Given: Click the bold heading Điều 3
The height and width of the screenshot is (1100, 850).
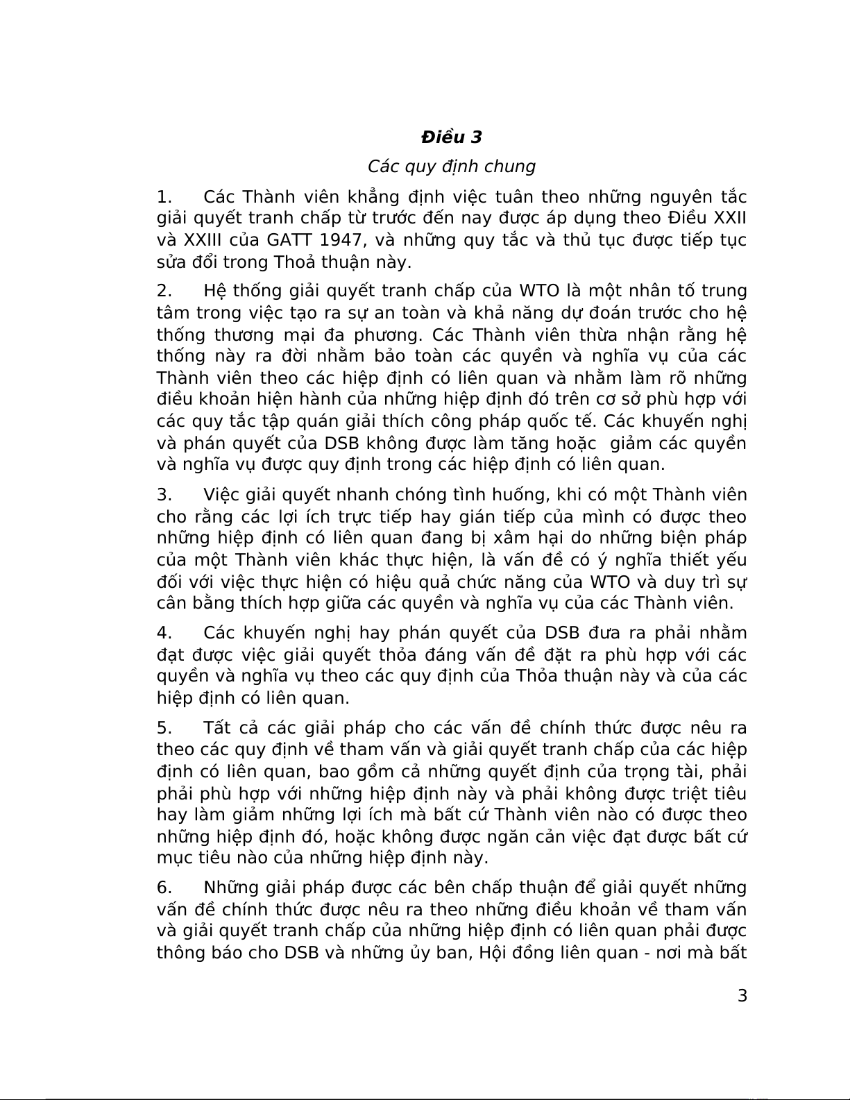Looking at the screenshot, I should [x=451, y=137].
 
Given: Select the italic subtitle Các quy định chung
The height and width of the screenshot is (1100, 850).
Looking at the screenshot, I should [x=451, y=167].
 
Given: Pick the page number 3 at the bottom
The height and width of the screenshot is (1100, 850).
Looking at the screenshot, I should [x=742, y=997].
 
